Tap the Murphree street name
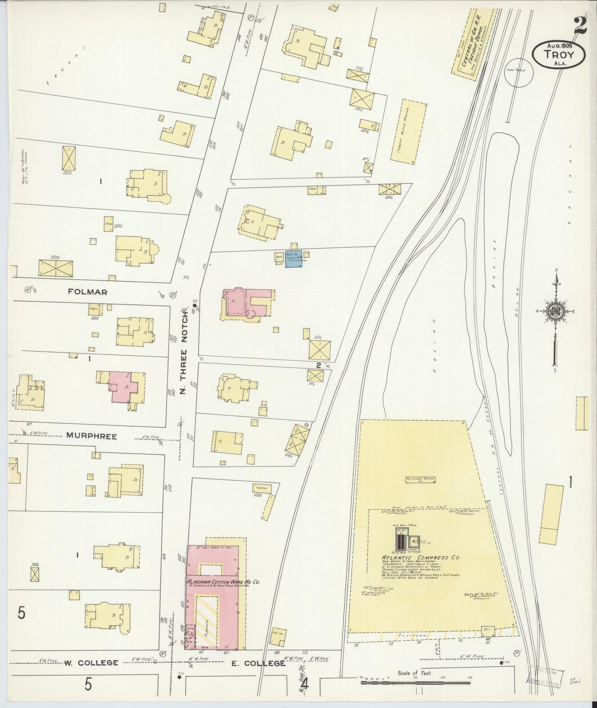(91, 436)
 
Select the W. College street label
(91, 663)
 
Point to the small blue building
(294, 259)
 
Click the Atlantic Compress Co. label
(421, 558)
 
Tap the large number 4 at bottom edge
(305, 685)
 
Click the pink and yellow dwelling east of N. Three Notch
(246, 304)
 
